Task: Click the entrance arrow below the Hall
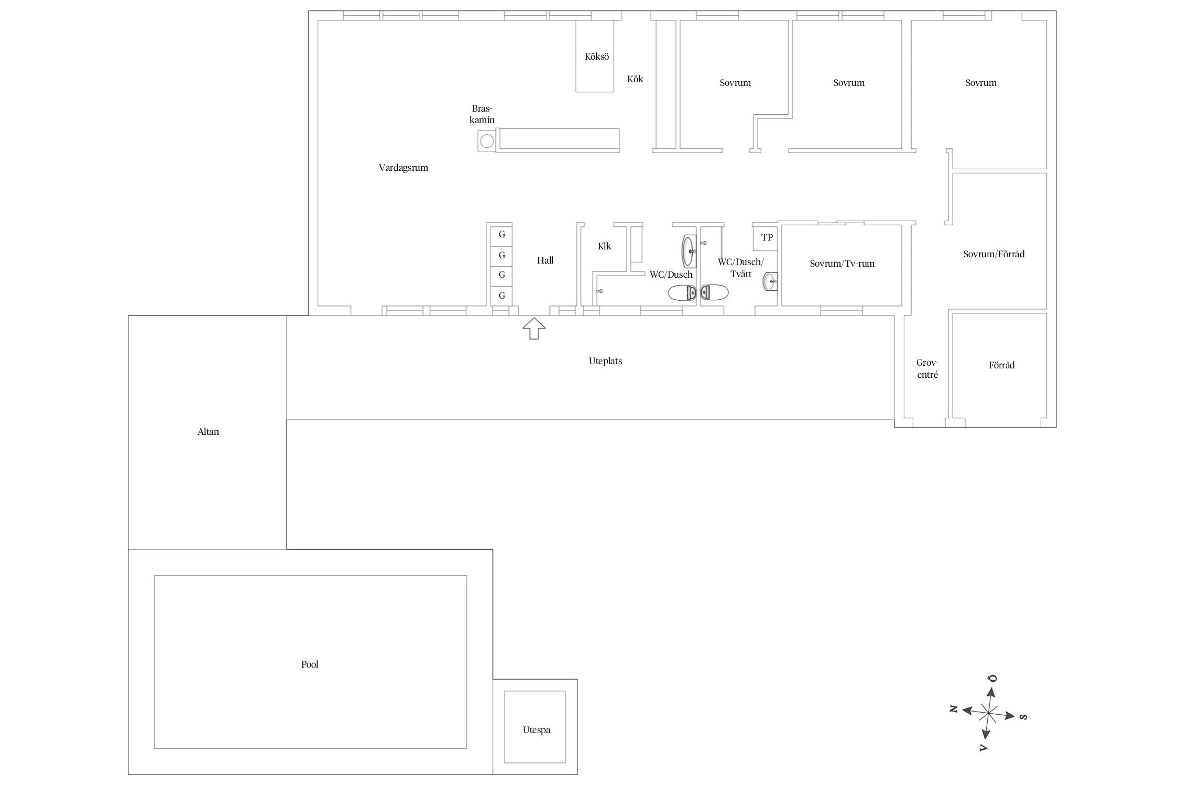pyautogui.click(x=534, y=329)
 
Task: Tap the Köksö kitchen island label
pyautogui.click(x=597, y=57)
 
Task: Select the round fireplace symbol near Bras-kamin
pyautogui.click(x=120, y=141)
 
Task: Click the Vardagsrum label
pyautogui.click(x=403, y=168)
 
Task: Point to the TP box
pyautogui.click(x=767, y=237)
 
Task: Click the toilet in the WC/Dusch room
pyautogui.click(x=682, y=292)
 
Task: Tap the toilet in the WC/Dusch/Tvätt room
pyautogui.click(x=715, y=292)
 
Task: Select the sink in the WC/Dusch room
pyautogui.click(x=689, y=252)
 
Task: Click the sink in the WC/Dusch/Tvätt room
pyautogui.click(x=770, y=281)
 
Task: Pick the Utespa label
pyautogui.click(x=537, y=730)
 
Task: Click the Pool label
pyautogui.click(x=310, y=664)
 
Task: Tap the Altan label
pyautogui.click(x=208, y=432)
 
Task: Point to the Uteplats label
pyautogui.click(x=605, y=361)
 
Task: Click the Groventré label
pyautogui.click(x=927, y=369)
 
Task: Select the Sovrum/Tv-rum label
pyautogui.click(x=842, y=264)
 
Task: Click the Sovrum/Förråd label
pyautogui.click(x=994, y=254)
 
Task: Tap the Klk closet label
pyautogui.click(x=605, y=246)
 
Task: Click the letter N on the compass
pyautogui.click(x=954, y=709)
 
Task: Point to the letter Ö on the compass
pyautogui.click(x=992, y=678)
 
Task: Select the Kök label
pyautogui.click(x=635, y=79)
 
